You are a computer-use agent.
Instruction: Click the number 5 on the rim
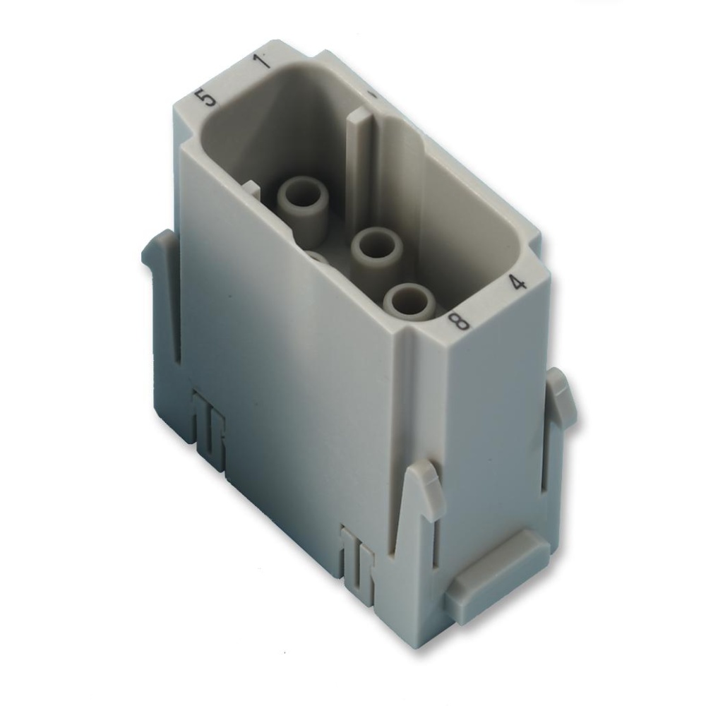pyautogui.click(x=208, y=97)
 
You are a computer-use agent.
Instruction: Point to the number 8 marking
pyautogui.click(x=460, y=322)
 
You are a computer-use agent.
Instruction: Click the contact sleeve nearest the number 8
pyautogui.click(x=409, y=301)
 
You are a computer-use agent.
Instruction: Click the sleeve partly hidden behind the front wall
pyautogui.click(x=317, y=257)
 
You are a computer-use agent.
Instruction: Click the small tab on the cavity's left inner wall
pyautogui.click(x=251, y=189)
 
